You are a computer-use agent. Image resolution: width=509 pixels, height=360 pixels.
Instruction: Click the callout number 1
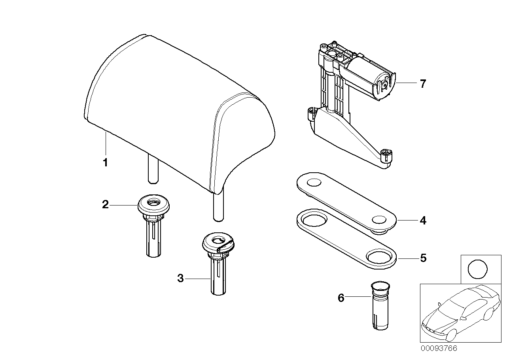pyautogui.click(x=105, y=162)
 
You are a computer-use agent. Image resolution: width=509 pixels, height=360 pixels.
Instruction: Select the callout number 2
pyautogui.click(x=105, y=205)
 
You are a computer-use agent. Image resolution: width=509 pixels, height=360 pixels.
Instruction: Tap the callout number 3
pyautogui.click(x=180, y=279)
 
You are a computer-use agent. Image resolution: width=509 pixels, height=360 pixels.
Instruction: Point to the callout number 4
pyautogui.click(x=423, y=221)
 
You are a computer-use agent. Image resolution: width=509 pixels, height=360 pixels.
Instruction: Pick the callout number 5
pyautogui.click(x=423, y=258)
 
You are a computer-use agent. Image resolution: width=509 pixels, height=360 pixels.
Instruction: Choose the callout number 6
pyautogui.click(x=341, y=298)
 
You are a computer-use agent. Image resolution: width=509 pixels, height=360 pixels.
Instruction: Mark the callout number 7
pyautogui.click(x=423, y=84)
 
